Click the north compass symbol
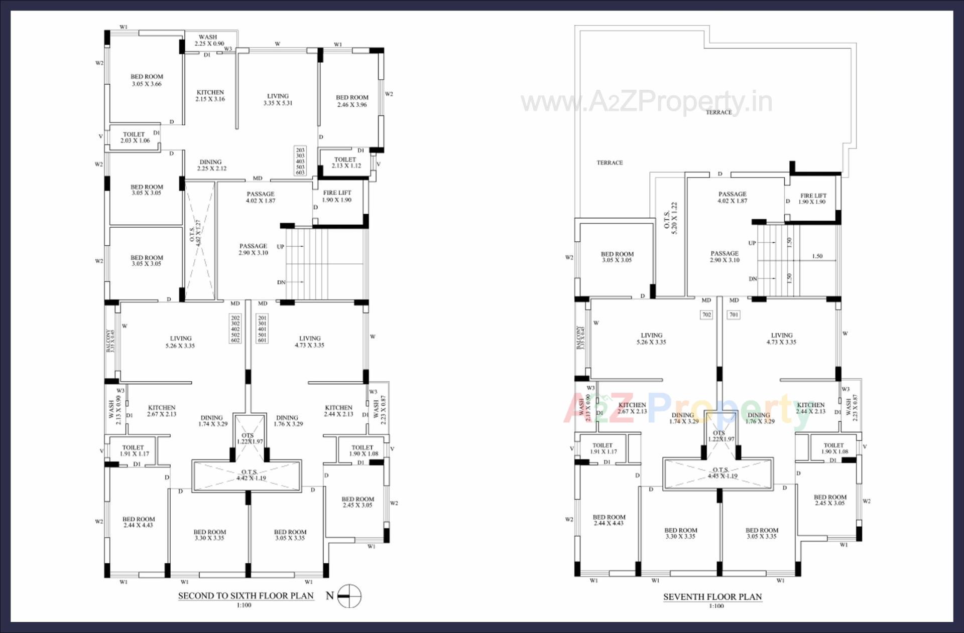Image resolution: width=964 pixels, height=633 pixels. click(348, 596)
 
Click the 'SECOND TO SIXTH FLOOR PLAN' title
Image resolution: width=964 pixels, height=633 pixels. click(246, 596)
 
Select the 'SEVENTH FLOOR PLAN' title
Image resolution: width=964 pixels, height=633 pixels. click(712, 597)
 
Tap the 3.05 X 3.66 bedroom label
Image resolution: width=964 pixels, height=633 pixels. click(147, 80)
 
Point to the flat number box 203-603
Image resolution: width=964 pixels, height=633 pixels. click(300, 161)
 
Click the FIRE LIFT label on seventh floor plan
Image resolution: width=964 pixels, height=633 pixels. click(813, 199)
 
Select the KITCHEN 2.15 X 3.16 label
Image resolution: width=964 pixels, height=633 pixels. click(210, 96)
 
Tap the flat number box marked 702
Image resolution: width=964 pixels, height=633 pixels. click(706, 315)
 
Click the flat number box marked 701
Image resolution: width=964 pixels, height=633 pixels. click(734, 315)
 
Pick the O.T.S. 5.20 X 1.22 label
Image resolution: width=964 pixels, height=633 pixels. click(670, 219)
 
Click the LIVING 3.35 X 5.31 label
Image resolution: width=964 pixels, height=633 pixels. click(278, 99)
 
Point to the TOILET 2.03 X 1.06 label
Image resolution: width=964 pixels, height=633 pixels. click(134, 137)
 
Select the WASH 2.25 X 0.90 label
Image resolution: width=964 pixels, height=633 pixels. click(208, 40)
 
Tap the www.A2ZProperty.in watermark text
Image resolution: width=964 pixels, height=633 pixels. click(646, 102)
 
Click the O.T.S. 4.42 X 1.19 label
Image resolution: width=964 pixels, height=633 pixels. click(249, 475)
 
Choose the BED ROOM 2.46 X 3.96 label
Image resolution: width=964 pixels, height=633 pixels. click(352, 101)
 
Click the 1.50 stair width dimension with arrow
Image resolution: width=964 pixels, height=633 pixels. click(817, 256)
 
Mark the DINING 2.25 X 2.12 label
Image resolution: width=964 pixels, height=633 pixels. click(211, 165)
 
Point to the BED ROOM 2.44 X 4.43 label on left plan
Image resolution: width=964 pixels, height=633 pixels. click(138, 522)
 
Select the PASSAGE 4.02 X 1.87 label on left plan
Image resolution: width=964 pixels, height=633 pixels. click(260, 197)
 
